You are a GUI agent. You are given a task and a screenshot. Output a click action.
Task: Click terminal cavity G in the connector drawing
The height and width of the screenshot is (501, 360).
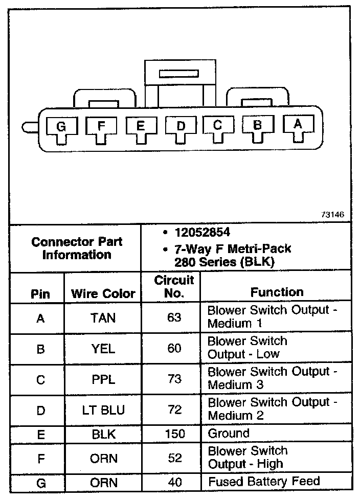[x=61, y=127]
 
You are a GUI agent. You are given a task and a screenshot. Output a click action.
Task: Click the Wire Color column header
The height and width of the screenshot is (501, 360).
[x=103, y=293]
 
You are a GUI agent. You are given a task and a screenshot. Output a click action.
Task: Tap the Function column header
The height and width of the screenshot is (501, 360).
[x=277, y=292]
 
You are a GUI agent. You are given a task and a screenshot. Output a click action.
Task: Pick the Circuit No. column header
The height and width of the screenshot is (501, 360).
[x=174, y=287]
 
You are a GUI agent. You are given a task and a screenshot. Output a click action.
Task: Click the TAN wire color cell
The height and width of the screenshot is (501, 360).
[x=103, y=318]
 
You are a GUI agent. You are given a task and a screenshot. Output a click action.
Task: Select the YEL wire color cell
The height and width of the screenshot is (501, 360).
[x=103, y=349]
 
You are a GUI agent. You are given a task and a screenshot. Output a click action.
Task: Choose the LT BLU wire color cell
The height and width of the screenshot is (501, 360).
[x=103, y=410]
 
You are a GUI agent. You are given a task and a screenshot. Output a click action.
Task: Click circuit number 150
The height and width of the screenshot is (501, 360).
[x=174, y=434]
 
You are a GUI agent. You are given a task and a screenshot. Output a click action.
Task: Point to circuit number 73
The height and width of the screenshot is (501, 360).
[x=174, y=379]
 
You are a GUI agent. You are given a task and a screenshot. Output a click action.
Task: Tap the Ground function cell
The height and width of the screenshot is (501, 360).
[x=229, y=434]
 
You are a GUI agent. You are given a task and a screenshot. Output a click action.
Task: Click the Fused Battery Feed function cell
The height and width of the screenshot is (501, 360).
[x=264, y=481]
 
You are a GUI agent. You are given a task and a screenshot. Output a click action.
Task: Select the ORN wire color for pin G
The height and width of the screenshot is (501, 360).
[x=103, y=482]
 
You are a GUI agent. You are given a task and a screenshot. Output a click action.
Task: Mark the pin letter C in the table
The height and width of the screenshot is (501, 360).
[x=40, y=380]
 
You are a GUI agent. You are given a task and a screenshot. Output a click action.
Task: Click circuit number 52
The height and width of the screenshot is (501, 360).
[x=174, y=458]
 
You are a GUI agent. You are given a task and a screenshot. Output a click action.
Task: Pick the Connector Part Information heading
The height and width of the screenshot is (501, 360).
[x=77, y=248]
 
